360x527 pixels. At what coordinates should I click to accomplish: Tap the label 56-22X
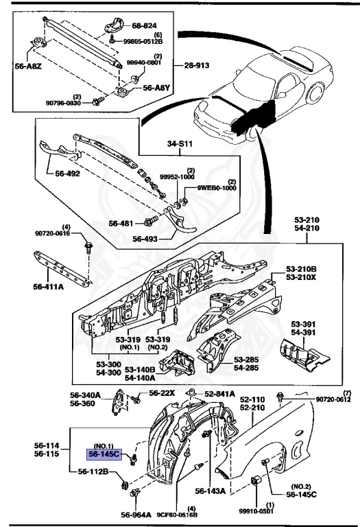point(163,393)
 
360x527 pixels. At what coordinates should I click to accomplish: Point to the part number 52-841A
point(220,393)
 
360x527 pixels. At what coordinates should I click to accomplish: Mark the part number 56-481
point(122,222)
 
